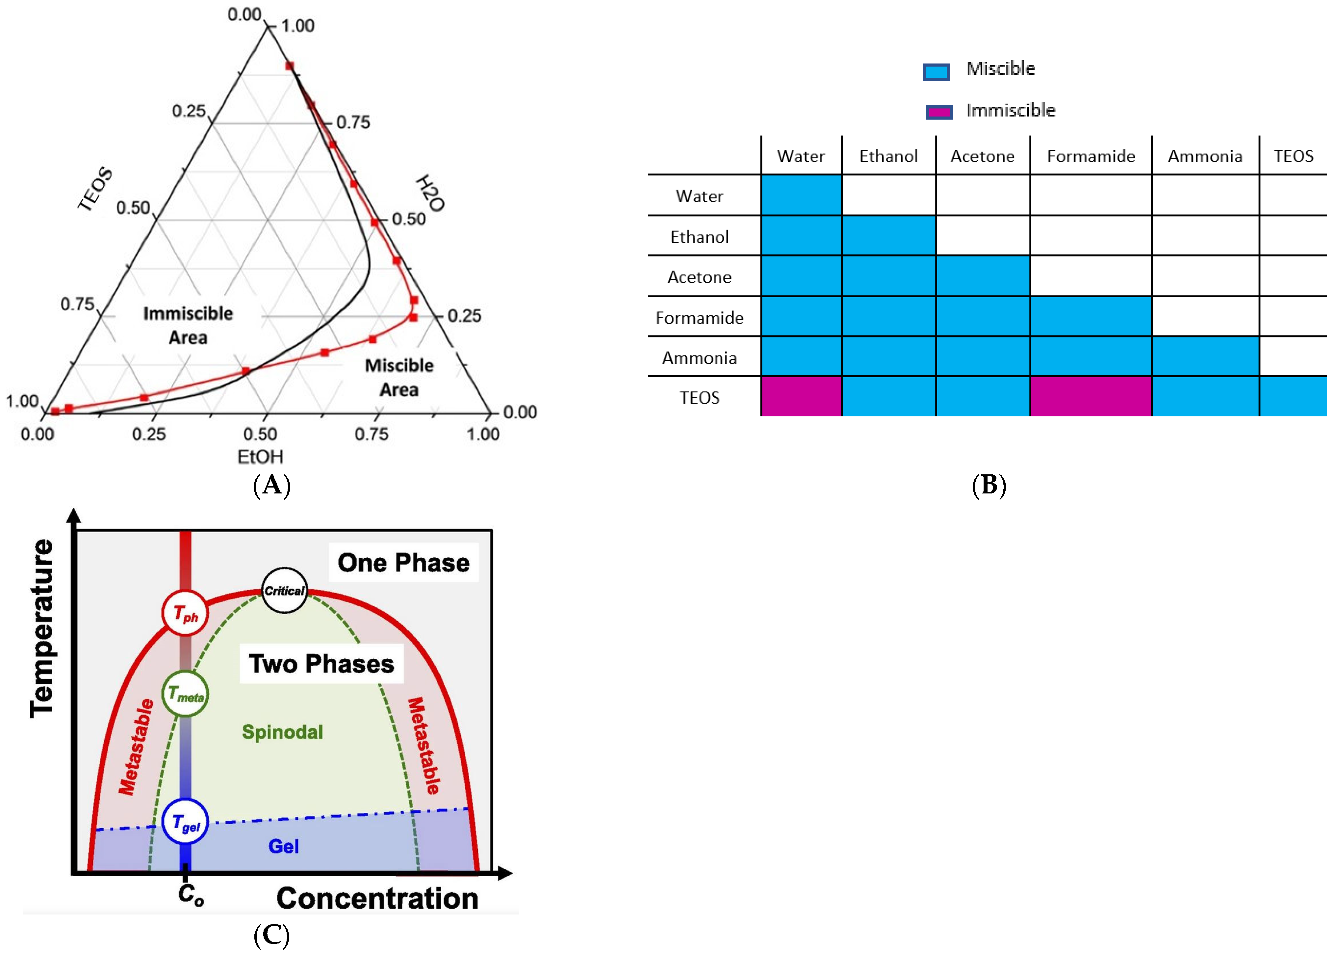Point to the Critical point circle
click(284, 590)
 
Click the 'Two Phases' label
click(321, 663)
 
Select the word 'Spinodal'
click(282, 732)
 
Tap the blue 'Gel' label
click(284, 846)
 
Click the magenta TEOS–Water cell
click(801, 397)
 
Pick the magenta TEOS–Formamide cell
click(1091, 397)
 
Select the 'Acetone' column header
click(982, 156)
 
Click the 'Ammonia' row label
click(699, 358)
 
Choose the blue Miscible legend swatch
click(936, 72)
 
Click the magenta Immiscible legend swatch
click(939, 112)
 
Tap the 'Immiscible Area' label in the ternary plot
click(188, 325)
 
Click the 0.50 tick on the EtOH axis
click(260, 434)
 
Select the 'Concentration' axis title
click(377, 898)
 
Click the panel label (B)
click(989, 485)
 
